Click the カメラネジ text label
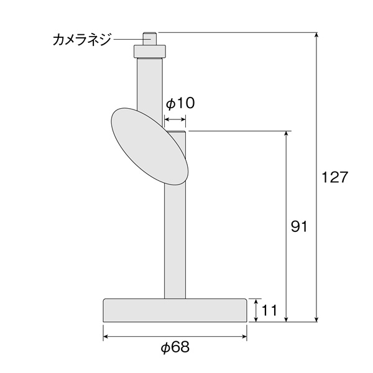[x=82, y=40]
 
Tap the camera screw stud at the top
[x=149, y=39]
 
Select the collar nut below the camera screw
[x=150, y=52]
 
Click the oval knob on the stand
[x=150, y=147]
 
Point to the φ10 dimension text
[x=180, y=103]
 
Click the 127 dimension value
[x=334, y=177]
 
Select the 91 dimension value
[x=299, y=226]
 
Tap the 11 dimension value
[x=269, y=310]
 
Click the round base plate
[x=175, y=310]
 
